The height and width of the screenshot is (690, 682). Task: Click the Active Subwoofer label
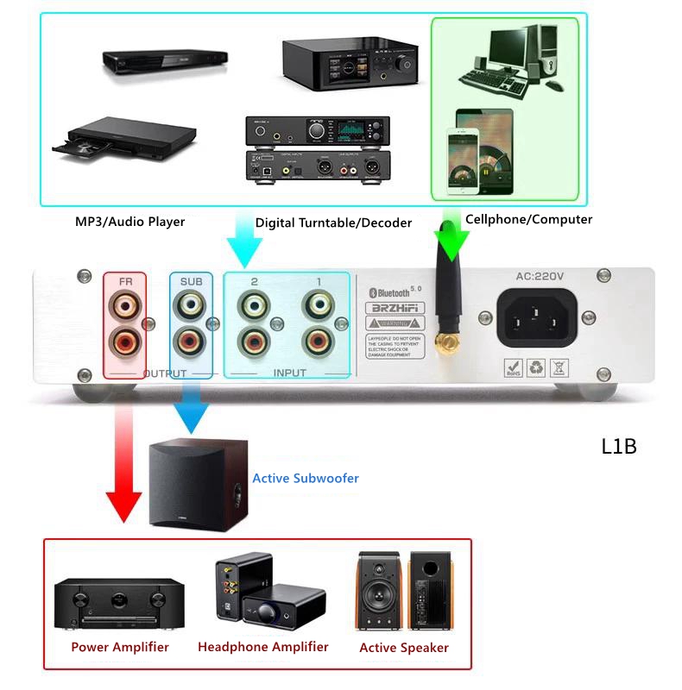pos(305,478)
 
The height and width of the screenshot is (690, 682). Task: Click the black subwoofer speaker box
pos(197,483)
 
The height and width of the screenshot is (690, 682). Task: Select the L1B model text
pos(619,447)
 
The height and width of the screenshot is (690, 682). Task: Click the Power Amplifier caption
pos(120,647)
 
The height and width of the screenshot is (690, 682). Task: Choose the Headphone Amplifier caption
pos(263,647)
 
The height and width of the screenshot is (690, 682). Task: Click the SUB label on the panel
pos(191,281)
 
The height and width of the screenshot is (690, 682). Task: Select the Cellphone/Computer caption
pos(528,219)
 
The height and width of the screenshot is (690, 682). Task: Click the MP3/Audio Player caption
pos(129,222)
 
